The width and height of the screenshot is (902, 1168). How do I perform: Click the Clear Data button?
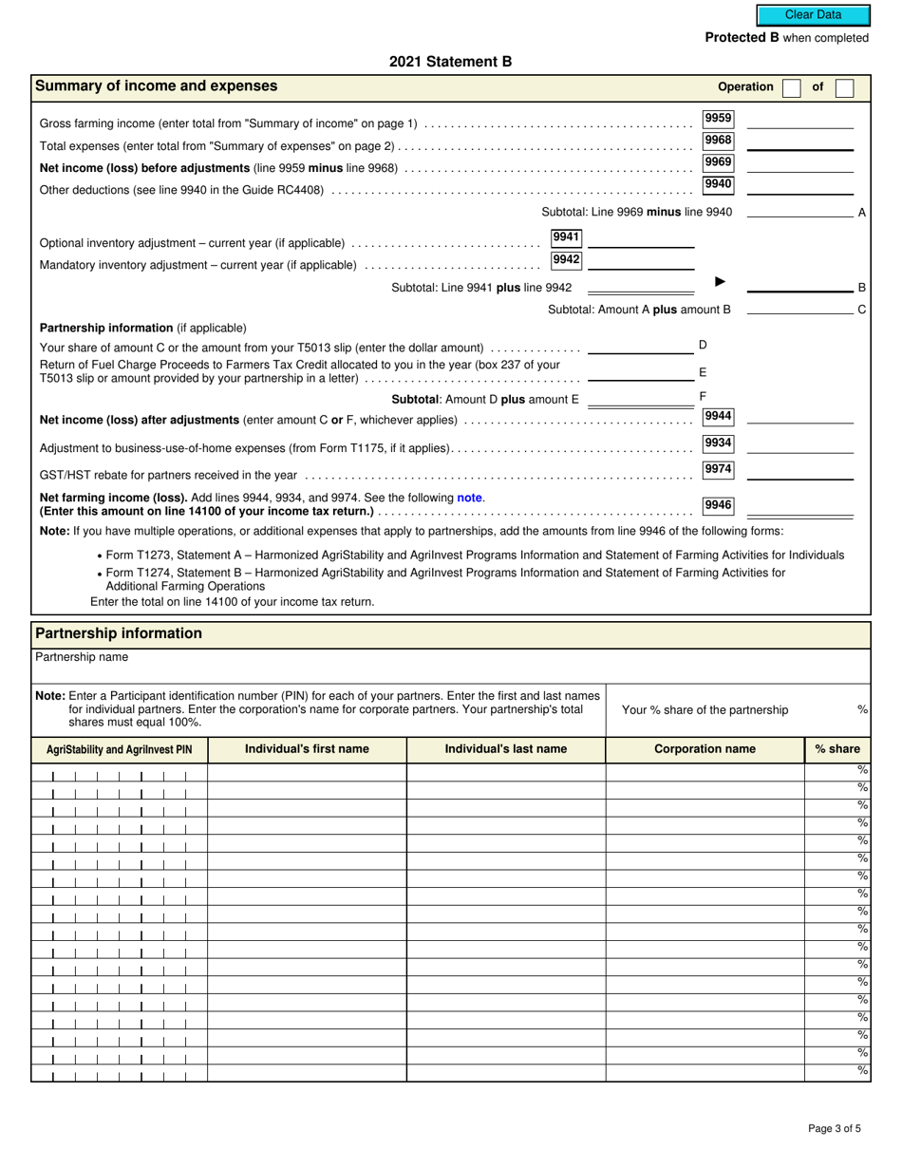point(813,15)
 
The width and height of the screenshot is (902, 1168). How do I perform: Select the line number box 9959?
point(718,119)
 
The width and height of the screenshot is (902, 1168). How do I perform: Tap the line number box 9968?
point(718,141)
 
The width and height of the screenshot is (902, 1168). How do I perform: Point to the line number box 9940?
point(718,184)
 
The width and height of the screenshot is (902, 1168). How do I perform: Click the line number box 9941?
point(566,237)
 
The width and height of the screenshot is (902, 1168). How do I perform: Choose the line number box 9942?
point(566,259)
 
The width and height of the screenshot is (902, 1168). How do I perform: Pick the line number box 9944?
point(718,416)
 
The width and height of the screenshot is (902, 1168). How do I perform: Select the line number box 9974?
point(718,469)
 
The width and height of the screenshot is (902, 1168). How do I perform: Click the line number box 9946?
point(718,505)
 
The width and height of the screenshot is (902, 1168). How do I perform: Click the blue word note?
point(469,498)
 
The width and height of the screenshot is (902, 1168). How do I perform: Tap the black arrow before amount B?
point(720,282)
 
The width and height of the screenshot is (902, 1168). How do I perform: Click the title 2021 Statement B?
point(450,62)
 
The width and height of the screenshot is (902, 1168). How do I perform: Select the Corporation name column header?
point(705,749)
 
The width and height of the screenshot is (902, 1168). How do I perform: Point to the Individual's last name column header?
point(505,749)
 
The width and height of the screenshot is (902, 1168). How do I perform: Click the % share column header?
point(836,749)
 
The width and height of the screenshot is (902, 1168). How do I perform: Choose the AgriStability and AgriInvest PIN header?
point(119,750)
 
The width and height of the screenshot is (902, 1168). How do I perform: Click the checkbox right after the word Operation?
point(791,87)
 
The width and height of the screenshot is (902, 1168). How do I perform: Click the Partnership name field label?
point(82,657)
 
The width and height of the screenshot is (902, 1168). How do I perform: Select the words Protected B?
point(742,38)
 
